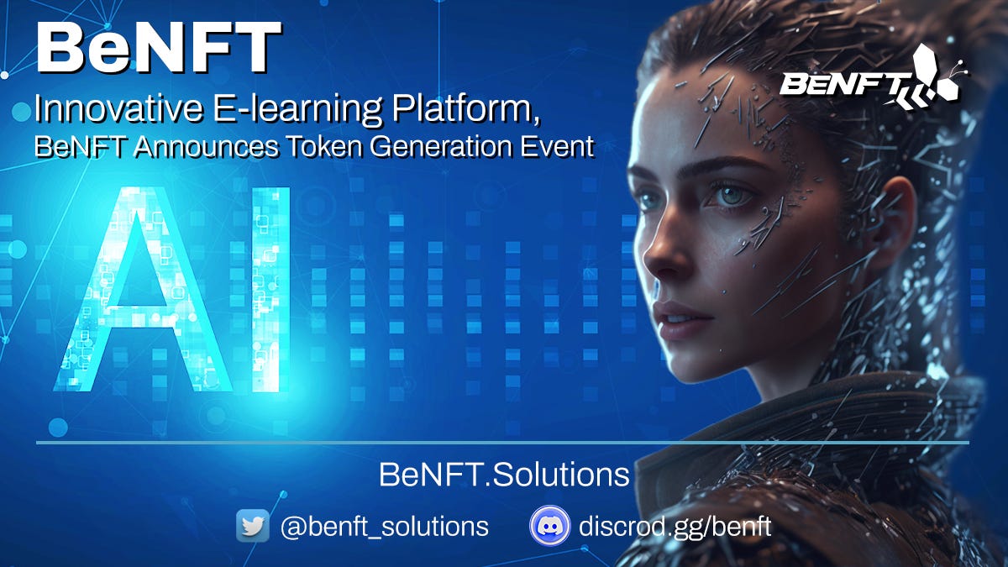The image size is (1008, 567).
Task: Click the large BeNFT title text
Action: (x=157, y=48)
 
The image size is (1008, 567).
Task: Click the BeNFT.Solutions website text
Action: (x=504, y=475)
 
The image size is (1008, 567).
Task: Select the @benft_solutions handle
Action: (x=384, y=527)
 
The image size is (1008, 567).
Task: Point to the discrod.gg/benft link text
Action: (x=675, y=527)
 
